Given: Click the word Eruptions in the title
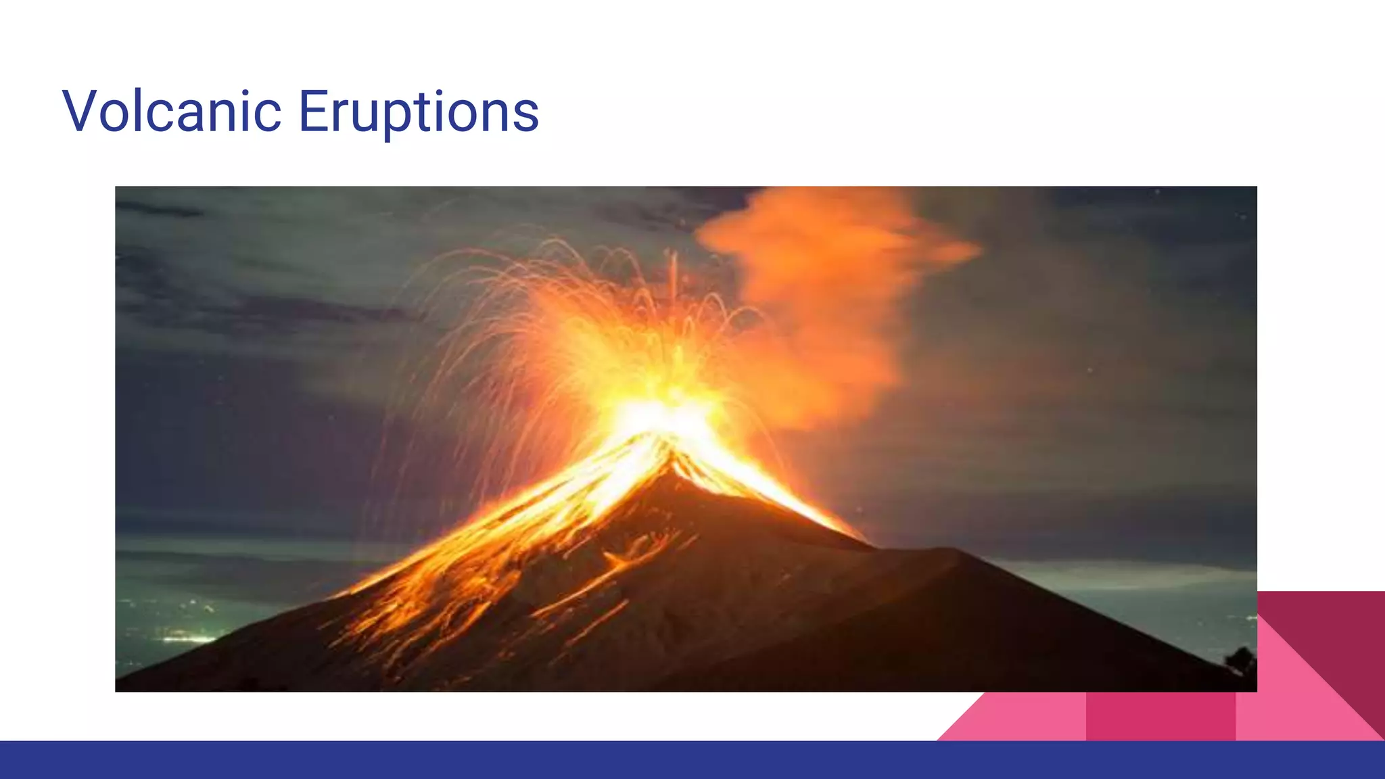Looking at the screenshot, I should coord(418,112).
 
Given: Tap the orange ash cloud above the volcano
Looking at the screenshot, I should coord(832,270).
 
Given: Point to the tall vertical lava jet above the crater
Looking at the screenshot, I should coord(673,277).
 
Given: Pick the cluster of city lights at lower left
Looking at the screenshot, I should coord(186,636).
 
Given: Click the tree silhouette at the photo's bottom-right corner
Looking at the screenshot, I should coord(1242,659).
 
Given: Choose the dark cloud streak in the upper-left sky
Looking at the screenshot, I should coord(162,210).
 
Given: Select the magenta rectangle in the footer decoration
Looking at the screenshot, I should coord(1160,717).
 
